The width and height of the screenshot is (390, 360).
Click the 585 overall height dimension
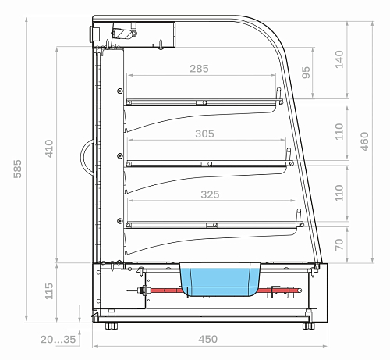click(x=17, y=169)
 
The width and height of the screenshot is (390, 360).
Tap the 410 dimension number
click(x=49, y=148)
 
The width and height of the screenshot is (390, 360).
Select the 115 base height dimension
click(x=49, y=291)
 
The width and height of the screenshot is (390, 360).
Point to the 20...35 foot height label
click(x=58, y=339)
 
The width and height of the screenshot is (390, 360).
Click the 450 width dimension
click(x=208, y=339)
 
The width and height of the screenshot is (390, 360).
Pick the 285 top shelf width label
click(x=199, y=69)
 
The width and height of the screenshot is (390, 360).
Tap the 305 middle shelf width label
click(x=204, y=134)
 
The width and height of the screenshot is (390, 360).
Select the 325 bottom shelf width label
click(x=210, y=194)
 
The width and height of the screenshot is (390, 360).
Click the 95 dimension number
click(x=306, y=72)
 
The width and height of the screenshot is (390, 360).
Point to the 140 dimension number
click(x=339, y=59)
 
